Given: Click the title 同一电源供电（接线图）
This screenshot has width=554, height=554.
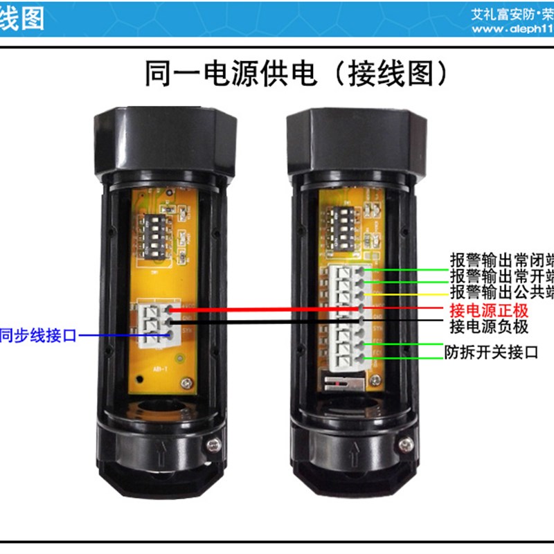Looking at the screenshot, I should coord(277,73).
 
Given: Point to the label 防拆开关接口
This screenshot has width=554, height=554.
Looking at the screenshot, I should coord(491,352).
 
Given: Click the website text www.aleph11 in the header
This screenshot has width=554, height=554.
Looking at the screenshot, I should coord(512,30).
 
